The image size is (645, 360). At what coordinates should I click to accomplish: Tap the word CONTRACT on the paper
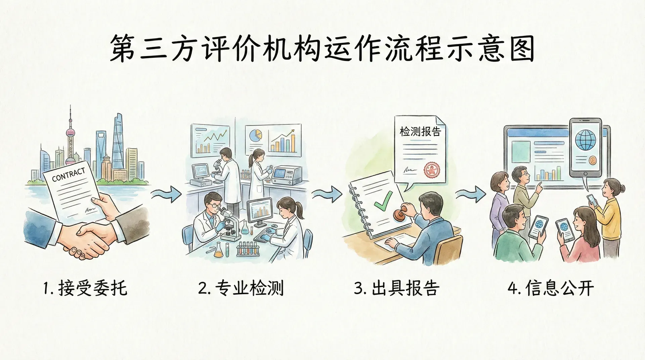point(69,175)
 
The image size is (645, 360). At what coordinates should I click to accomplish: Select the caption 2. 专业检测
point(241,288)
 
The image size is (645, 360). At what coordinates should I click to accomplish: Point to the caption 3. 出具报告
point(397,288)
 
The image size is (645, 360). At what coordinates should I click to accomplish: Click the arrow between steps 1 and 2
point(167,194)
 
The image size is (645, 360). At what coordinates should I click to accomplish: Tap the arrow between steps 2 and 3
point(327,194)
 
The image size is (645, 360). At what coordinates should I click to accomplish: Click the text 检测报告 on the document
point(420,131)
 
